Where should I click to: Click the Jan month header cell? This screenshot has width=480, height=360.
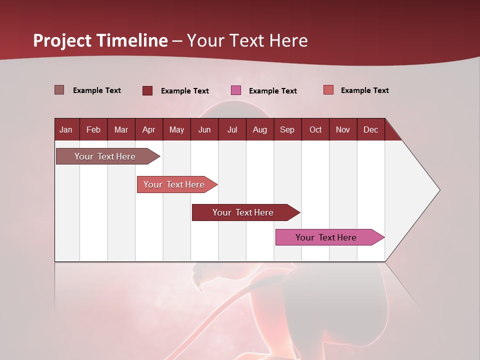66,129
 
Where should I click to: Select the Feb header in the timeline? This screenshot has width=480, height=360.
93,129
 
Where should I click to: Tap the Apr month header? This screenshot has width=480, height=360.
148,129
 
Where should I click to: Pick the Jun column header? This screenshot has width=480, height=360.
204,129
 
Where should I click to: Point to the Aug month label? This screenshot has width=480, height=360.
259,129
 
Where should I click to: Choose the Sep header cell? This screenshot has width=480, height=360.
287,129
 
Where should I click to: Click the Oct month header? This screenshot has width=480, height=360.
315,129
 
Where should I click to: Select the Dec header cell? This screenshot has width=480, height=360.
370,129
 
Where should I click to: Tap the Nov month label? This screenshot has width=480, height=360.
343,129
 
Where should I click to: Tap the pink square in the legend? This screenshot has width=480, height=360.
236,90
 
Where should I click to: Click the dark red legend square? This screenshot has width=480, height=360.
147,90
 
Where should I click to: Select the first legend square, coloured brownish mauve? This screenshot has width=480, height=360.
59,90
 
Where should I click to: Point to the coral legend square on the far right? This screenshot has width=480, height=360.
328,90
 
